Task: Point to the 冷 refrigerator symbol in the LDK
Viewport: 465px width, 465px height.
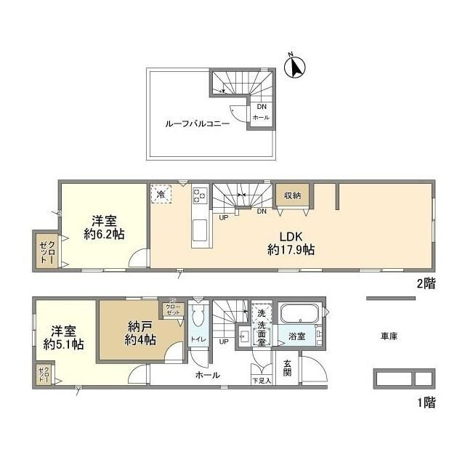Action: tap(161, 195)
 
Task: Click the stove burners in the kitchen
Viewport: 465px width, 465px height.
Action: tap(200, 196)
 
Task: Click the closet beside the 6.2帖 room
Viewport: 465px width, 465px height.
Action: tap(45, 251)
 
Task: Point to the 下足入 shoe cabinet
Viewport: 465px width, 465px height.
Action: tap(261, 373)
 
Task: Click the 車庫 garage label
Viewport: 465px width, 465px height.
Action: tap(388, 336)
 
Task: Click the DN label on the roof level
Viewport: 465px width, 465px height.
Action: tap(260, 107)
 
